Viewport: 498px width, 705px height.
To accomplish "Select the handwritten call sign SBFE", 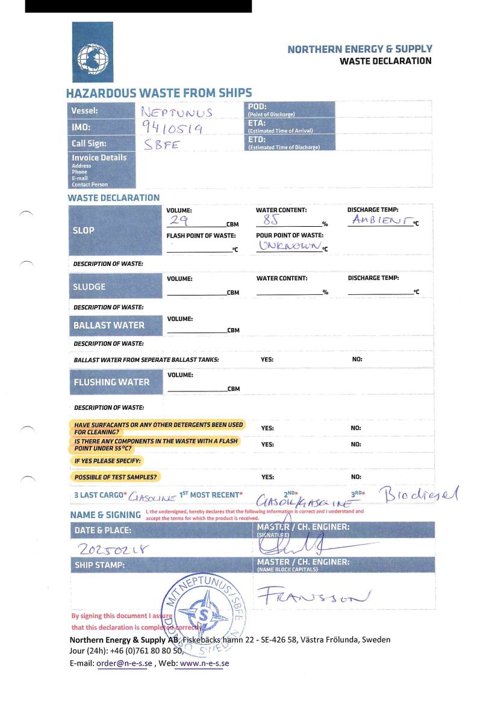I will point(162,144).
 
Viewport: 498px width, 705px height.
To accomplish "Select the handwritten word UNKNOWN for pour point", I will point(288,245).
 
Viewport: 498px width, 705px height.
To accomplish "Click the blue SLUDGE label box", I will point(116,286).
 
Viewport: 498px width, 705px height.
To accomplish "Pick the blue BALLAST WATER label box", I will point(116,325).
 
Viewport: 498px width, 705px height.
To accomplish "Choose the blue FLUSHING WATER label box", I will point(116,382).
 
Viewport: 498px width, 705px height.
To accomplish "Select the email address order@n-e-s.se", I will point(122,663).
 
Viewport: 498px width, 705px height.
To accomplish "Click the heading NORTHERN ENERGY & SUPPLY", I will point(359,49).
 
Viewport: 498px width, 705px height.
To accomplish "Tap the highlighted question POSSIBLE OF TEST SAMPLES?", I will point(116,477).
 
